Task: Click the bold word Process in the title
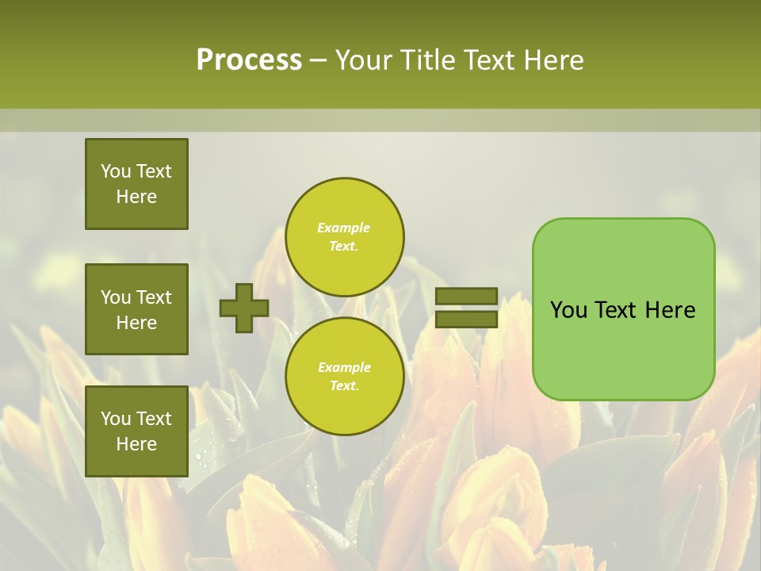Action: coord(249,60)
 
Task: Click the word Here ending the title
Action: coord(551,60)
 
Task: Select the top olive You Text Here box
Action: coord(136,184)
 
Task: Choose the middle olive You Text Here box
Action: coord(136,309)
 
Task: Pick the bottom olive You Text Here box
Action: coord(136,431)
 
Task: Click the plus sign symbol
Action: coord(244,308)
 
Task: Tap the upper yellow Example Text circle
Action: coord(344,236)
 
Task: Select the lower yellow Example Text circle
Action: coord(344,376)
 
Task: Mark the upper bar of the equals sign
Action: coord(466,296)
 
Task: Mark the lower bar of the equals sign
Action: coord(466,320)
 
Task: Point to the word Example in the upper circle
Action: coord(344,228)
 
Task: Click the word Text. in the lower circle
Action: coord(344,385)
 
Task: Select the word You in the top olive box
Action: coord(116,171)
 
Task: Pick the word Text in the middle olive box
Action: coord(153,297)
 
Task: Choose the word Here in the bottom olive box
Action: coord(136,444)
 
